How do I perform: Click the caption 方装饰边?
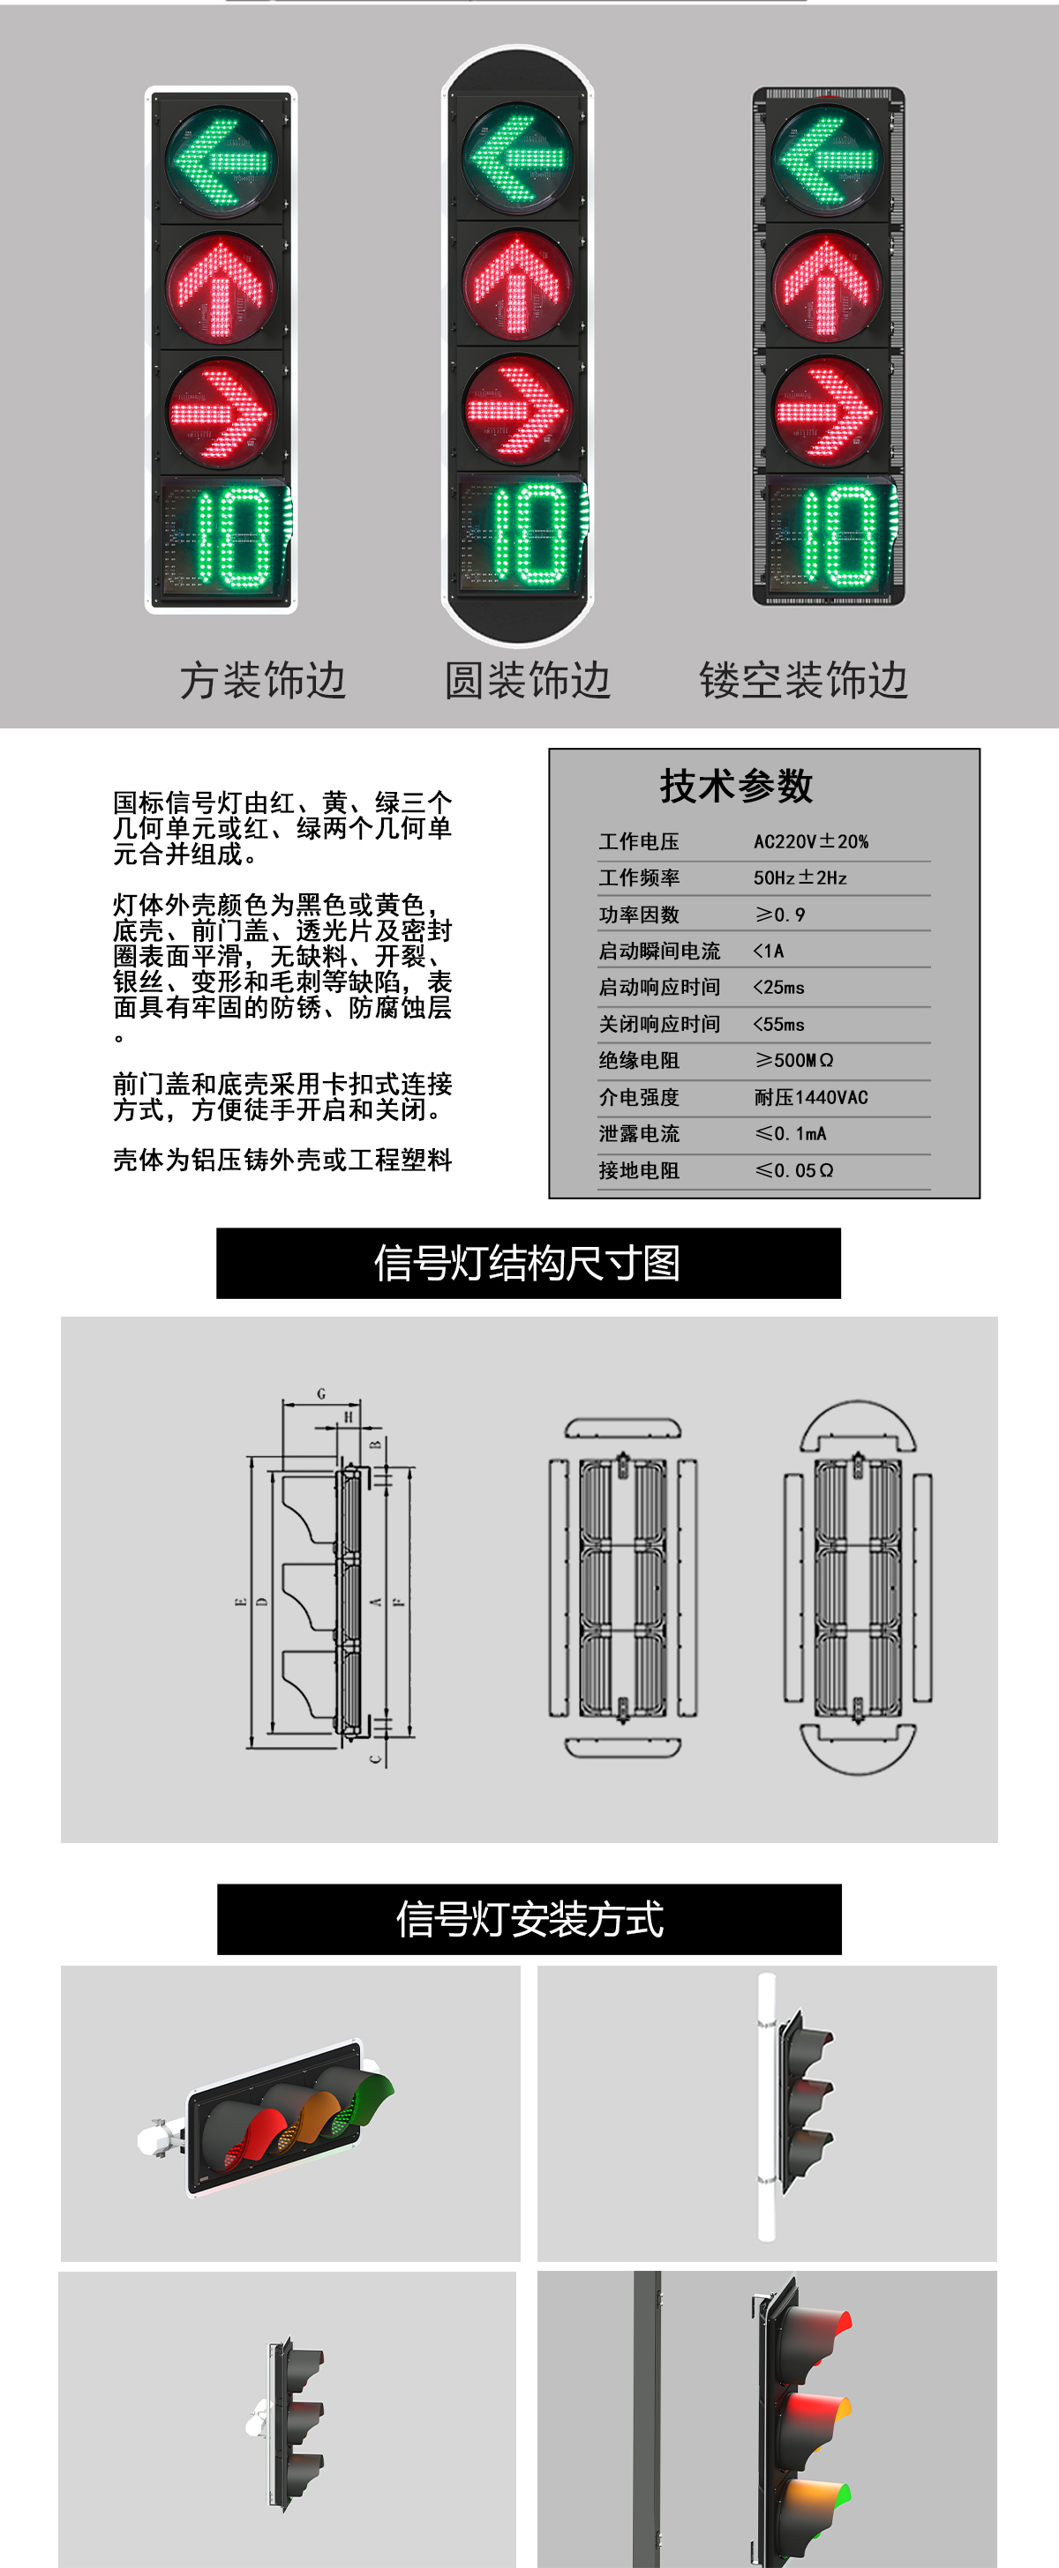(x=262, y=681)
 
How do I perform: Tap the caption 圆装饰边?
(x=527, y=681)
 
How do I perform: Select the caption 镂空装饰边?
(x=803, y=681)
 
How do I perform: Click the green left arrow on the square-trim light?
(x=220, y=160)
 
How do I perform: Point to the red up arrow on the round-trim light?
(x=517, y=284)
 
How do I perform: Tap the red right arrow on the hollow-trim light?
(x=827, y=412)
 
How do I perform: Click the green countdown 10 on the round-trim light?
(x=529, y=535)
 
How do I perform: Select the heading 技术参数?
(x=736, y=786)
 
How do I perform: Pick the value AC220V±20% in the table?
(x=811, y=841)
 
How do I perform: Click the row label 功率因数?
(x=638, y=914)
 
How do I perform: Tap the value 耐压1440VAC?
(x=811, y=1096)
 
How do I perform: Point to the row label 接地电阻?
(x=638, y=1170)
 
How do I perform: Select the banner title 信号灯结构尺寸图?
(x=528, y=1263)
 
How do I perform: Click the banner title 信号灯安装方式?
(x=529, y=1919)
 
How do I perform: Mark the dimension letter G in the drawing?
(x=321, y=1393)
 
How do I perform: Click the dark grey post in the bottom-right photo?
(x=647, y=2422)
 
